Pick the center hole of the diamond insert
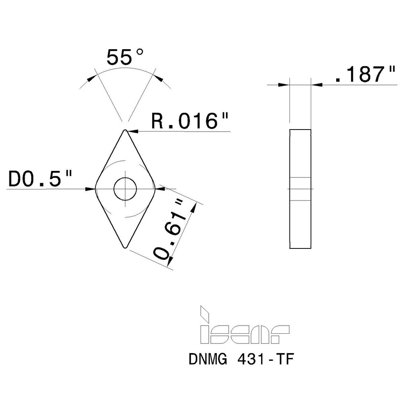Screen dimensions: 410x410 pyautogui.click(x=125, y=189)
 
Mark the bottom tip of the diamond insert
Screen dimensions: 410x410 pyautogui.click(x=125, y=247)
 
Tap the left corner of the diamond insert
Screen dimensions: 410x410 pyautogui.click(x=96, y=189)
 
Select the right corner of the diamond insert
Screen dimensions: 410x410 pyautogui.click(x=154, y=189)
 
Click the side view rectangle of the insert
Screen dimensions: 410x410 pyautogui.click(x=300, y=189)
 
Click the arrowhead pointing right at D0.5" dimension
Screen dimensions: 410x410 pyautogui.click(x=90, y=189)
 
